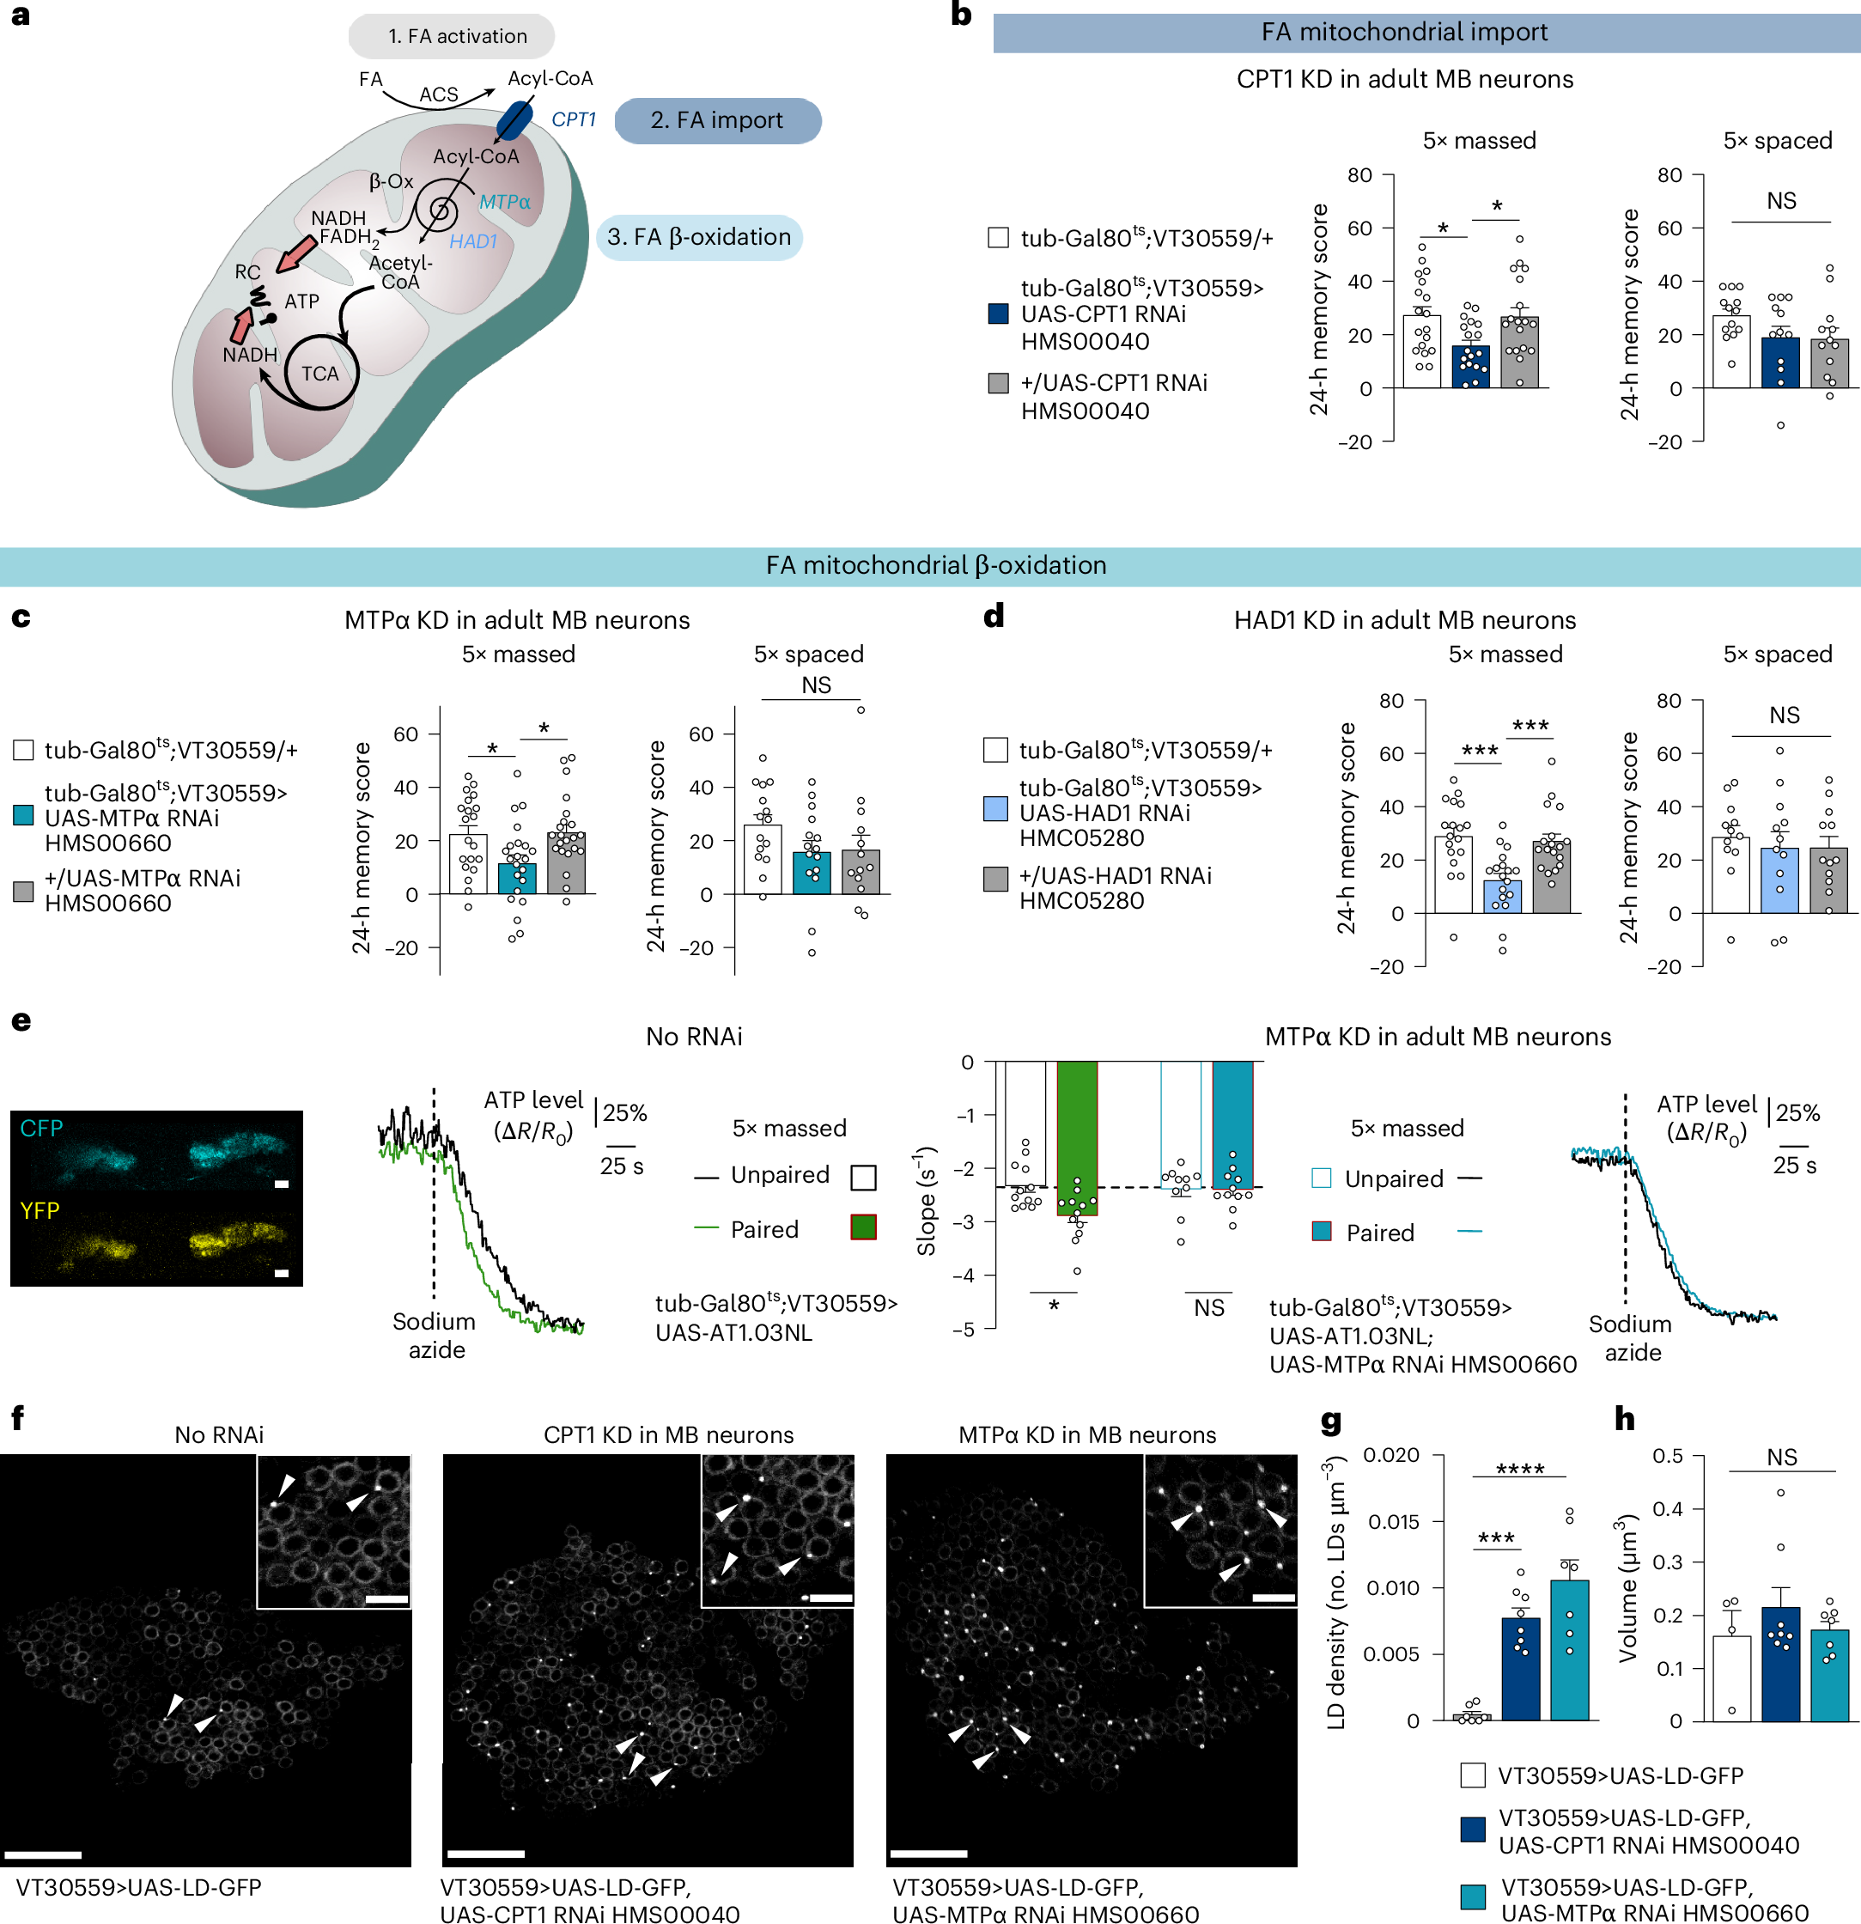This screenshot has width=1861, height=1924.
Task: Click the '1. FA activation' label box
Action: click(452, 36)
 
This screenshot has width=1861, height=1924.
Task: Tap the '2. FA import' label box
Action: click(717, 121)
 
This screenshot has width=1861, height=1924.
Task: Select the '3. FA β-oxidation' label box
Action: click(699, 238)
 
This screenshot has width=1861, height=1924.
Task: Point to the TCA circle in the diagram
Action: click(320, 373)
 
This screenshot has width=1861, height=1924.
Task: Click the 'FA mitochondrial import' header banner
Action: click(1405, 33)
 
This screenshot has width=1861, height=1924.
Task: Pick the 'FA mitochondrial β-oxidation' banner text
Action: click(935, 565)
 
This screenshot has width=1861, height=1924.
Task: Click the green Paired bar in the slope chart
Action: click(1077, 1139)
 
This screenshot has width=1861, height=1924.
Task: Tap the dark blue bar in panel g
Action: click(1520, 1669)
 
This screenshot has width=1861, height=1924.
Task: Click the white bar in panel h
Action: click(1731, 1677)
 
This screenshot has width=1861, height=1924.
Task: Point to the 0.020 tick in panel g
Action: click(1392, 1455)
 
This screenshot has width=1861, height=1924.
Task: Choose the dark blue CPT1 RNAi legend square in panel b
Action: click(998, 314)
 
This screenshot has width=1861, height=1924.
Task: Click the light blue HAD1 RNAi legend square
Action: click(995, 809)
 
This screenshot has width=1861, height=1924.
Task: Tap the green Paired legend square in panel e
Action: click(863, 1227)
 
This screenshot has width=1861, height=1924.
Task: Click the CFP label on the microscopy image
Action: click(41, 1129)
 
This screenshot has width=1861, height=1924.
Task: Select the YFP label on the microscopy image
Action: click(40, 1211)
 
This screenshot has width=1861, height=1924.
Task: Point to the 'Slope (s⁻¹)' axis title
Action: click(926, 1201)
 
